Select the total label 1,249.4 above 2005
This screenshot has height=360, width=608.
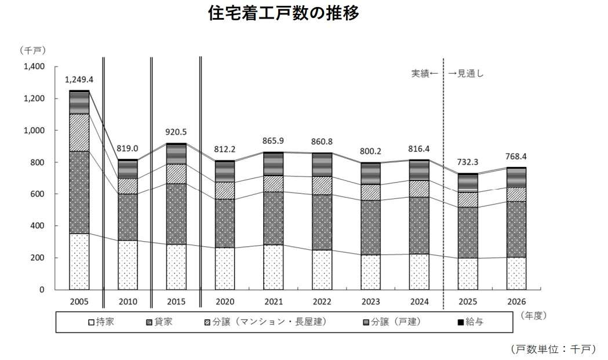click(79, 80)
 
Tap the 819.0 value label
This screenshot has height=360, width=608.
click(128, 148)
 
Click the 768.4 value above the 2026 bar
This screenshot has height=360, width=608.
click(516, 156)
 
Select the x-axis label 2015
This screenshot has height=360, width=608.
click(176, 301)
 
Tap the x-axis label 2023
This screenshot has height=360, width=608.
click(370, 301)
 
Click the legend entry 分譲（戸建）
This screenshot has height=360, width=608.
click(392, 322)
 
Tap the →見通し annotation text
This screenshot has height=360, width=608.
click(465, 74)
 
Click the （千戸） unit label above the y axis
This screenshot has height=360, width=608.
click(32, 50)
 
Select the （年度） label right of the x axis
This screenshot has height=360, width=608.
click(533, 315)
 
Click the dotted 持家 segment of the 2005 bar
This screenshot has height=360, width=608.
click(79, 261)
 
